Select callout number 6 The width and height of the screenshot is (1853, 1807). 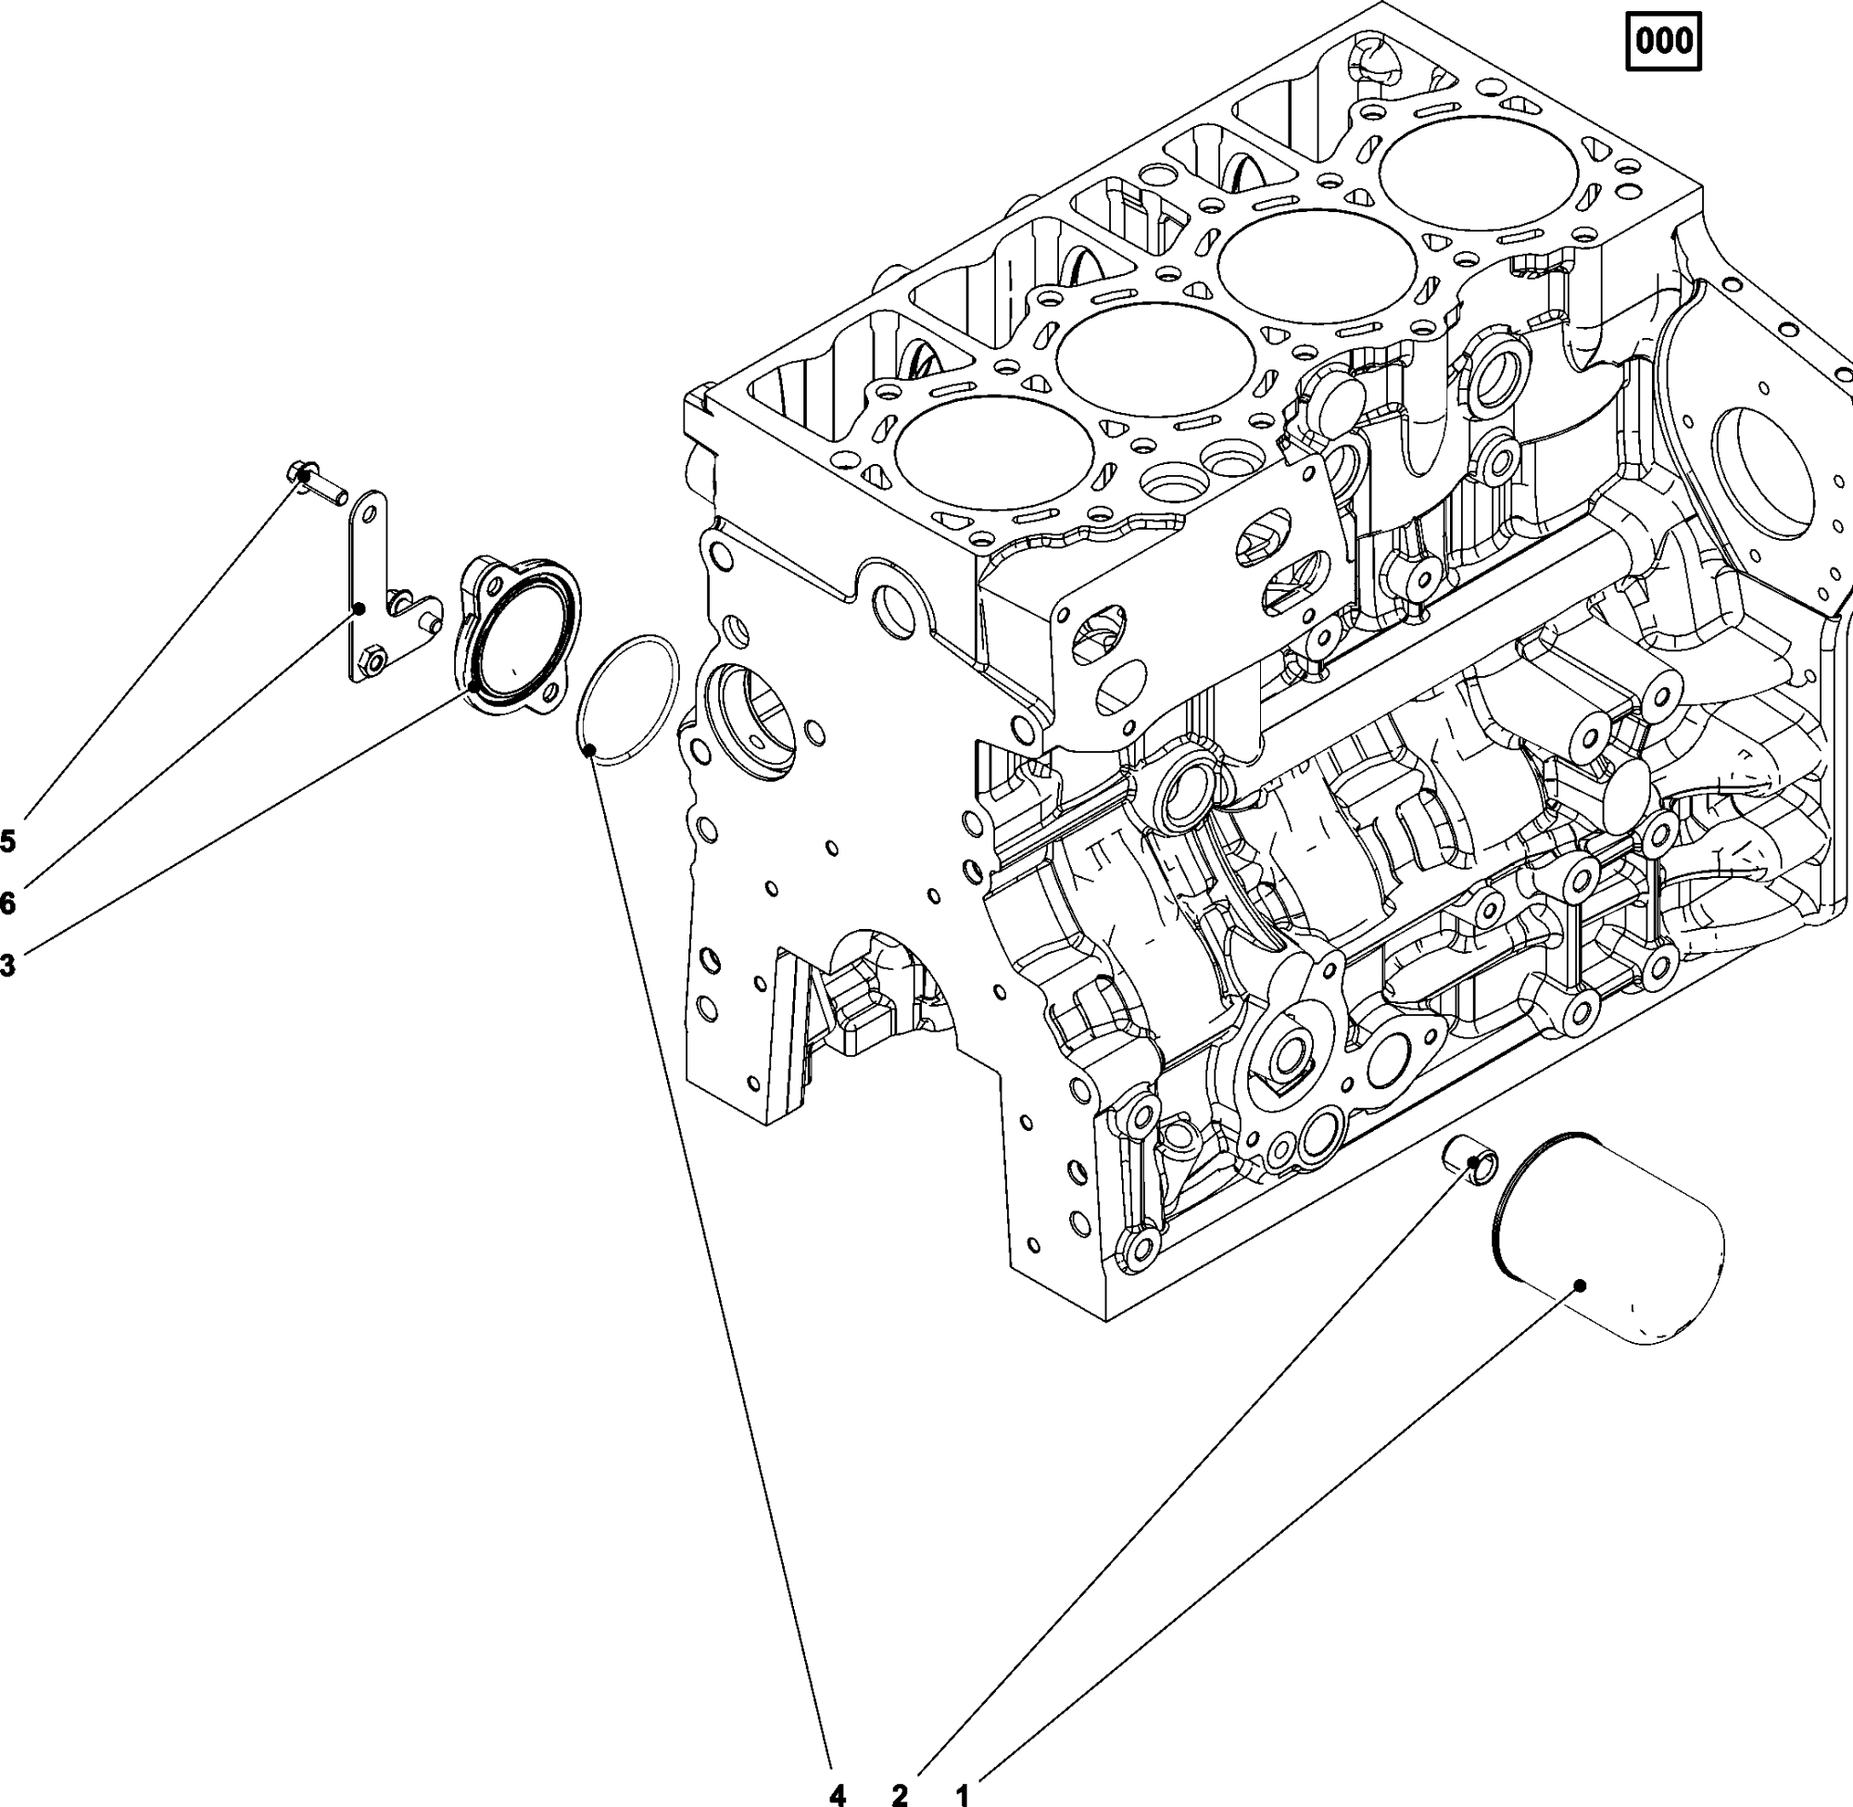point(7,904)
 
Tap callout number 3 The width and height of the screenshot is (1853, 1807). point(7,966)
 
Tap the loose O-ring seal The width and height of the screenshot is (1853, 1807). point(629,697)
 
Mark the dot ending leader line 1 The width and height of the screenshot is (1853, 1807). point(1580,1286)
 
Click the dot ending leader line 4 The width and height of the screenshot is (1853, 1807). point(589,752)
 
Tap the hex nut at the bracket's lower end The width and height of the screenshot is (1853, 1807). point(372,657)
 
